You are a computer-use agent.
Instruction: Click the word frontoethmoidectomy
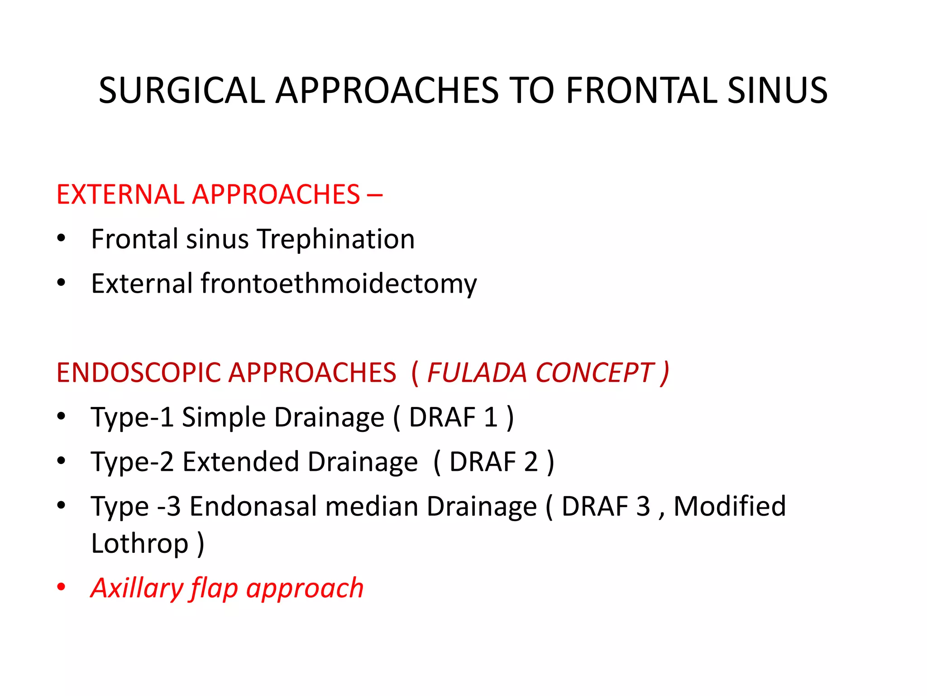[338, 284]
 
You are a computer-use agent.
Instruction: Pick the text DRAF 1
[453, 417]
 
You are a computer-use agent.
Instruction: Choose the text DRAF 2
[493, 462]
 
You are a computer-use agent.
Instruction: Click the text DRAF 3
[606, 507]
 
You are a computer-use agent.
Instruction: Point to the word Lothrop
[139, 544]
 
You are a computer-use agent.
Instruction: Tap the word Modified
[729, 507]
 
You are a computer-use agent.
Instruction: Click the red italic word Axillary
[137, 588]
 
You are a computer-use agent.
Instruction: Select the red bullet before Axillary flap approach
[61, 588]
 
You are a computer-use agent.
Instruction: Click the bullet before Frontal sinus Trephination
[61, 239]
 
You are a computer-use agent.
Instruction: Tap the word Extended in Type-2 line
[240, 462]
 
